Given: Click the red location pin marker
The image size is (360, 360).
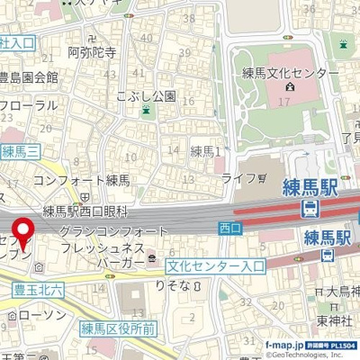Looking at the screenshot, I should [x=22, y=233].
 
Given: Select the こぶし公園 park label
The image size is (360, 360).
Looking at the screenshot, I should [x=146, y=94].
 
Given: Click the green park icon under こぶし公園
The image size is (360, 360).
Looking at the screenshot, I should [x=147, y=110].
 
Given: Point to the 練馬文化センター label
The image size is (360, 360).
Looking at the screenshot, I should [x=289, y=71].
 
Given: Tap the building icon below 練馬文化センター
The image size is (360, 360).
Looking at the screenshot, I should [x=289, y=87].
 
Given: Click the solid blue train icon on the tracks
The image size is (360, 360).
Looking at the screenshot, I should [x=309, y=209].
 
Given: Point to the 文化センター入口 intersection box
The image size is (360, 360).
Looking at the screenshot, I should [x=216, y=266].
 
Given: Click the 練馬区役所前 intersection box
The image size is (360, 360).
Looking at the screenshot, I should [x=119, y=328].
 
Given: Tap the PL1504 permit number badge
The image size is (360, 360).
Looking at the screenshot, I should [x=340, y=345].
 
